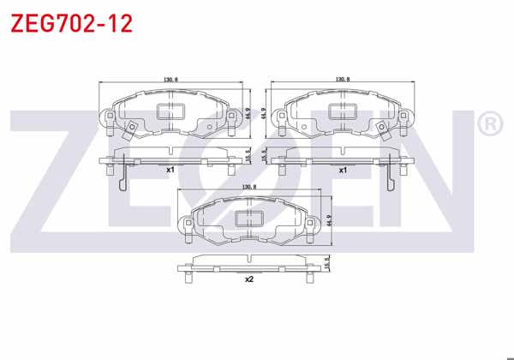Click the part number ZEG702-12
(71, 23)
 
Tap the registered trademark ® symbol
(487, 126)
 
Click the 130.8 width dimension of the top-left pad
(170, 79)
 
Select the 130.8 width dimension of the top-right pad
(343, 79)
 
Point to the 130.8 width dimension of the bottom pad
(249, 187)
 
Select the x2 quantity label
(249, 279)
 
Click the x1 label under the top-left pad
(170, 170)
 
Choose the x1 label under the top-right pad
(343, 170)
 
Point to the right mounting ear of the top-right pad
(403, 119)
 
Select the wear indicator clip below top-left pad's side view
(123, 179)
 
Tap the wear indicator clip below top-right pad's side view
(391, 179)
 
